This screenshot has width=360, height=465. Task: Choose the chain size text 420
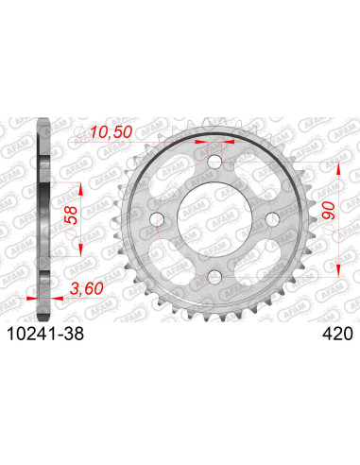pyautogui.click(x=337, y=334)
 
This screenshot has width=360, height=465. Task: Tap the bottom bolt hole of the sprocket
pyautogui.click(x=214, y=275)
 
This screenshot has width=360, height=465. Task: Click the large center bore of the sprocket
pyautogui.click(x=214, y=220)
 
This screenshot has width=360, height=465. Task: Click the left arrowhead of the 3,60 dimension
pyautogui.click(x=33, y=296)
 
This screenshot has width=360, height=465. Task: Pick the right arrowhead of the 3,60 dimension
pyautogui.click(x=54, y=296)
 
